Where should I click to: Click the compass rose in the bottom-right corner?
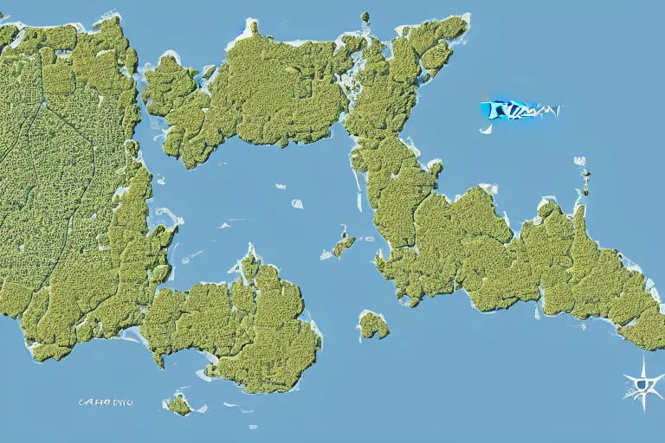643,382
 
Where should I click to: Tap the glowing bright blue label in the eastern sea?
518,110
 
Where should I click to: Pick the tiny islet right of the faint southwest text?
179,404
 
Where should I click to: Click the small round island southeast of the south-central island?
373,324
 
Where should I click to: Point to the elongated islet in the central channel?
344,246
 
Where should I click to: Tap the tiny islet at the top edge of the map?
365,17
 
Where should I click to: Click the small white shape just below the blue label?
486,127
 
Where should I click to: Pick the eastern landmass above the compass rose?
554,260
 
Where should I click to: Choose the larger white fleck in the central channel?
297,204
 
